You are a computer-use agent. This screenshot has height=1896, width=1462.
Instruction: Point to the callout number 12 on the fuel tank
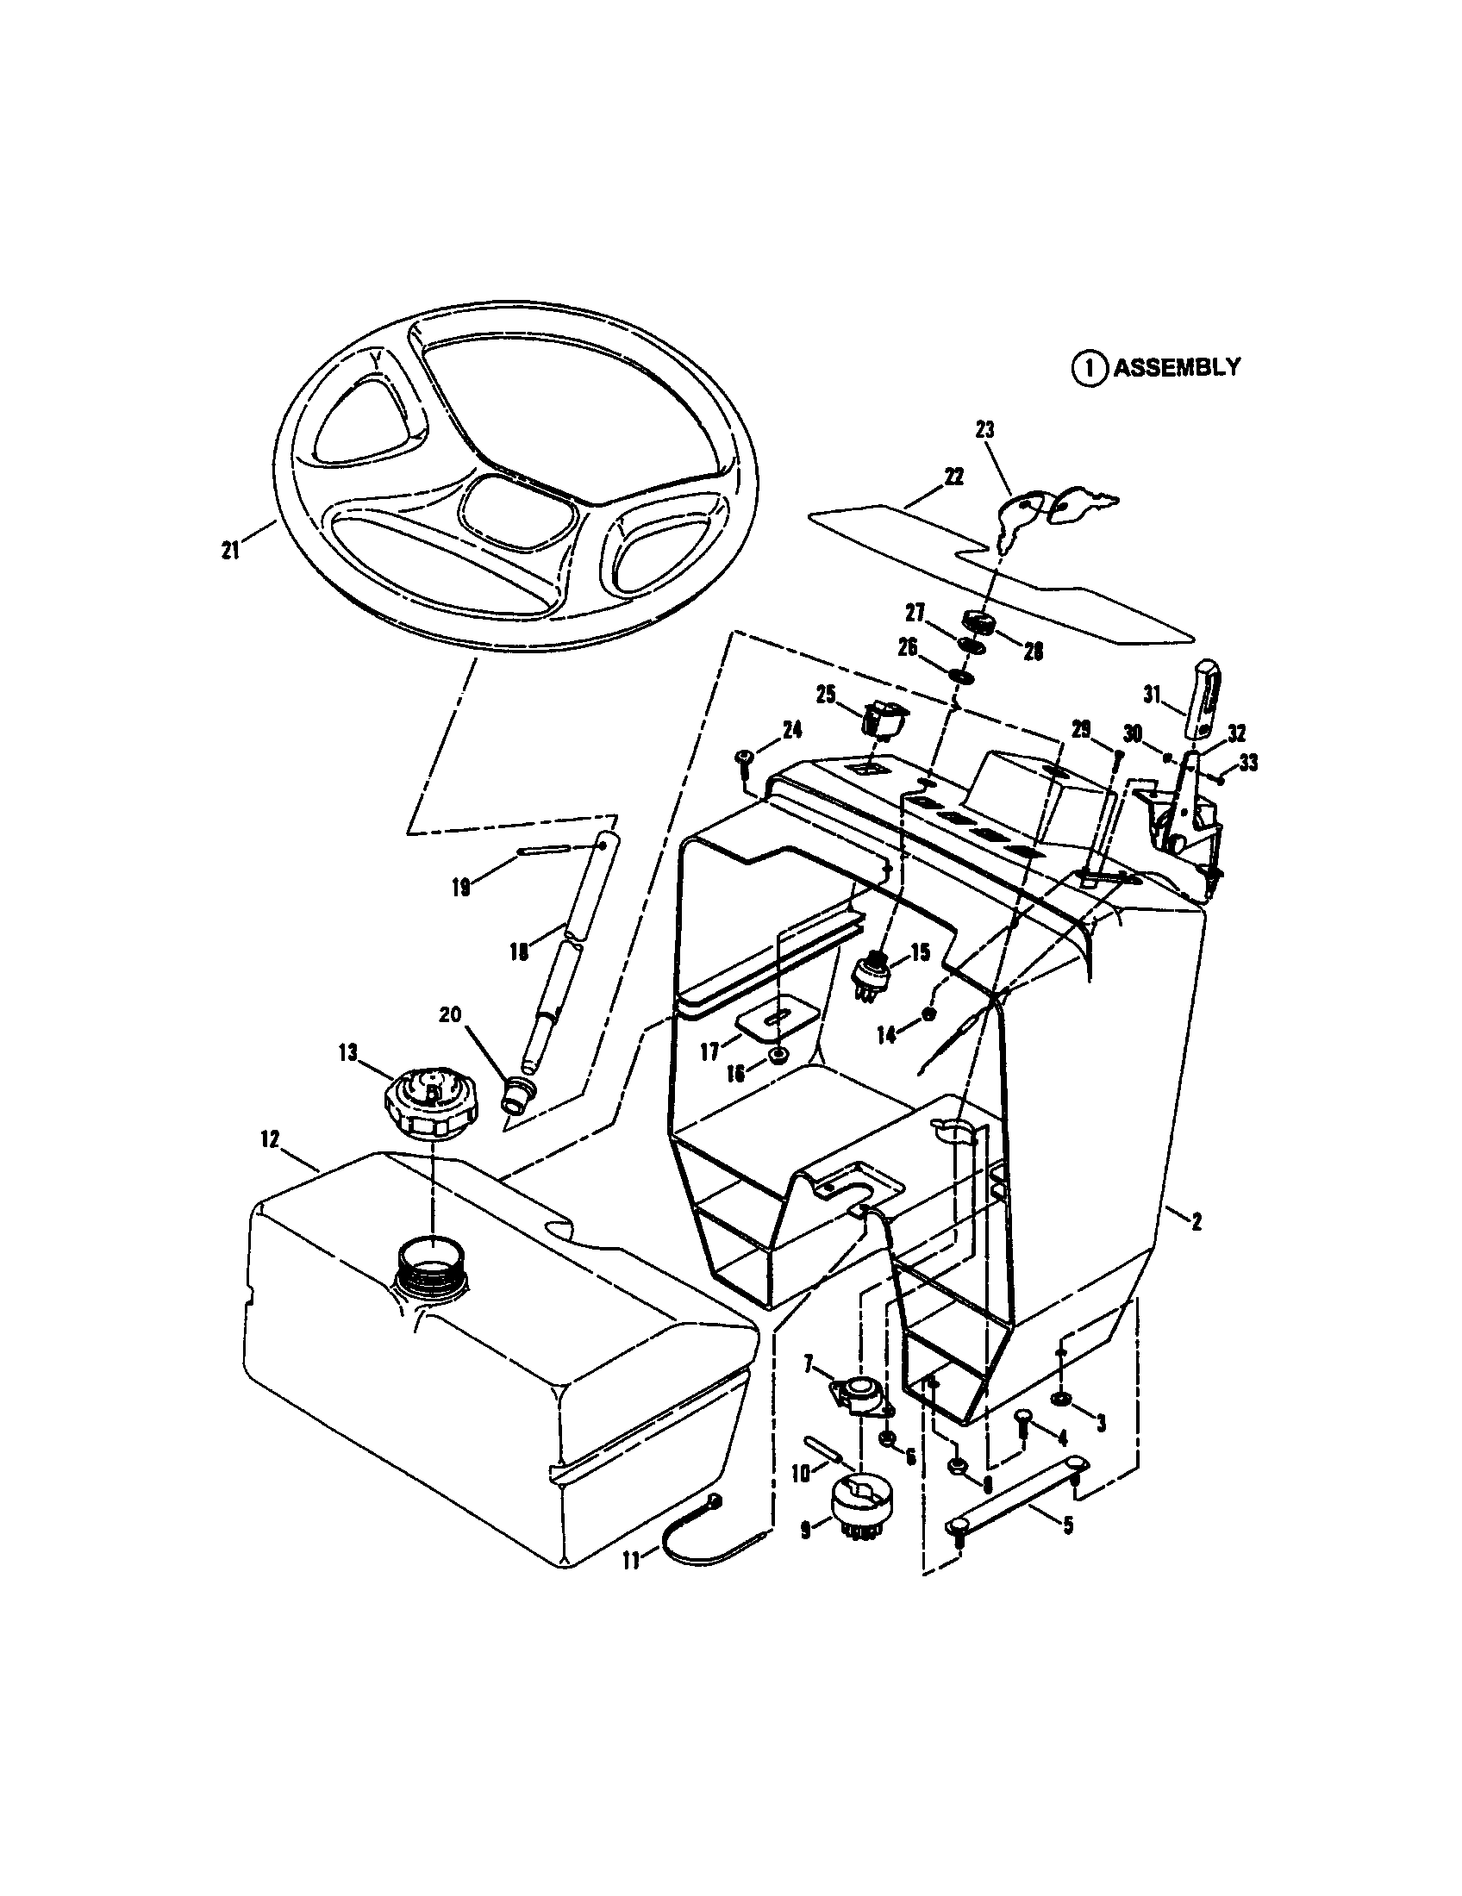click(x=270, y=1140)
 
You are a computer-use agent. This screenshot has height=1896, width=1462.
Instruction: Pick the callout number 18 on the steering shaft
click(x=518, y=952)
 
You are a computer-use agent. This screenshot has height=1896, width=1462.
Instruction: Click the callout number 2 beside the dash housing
click(x=1196, y=1222)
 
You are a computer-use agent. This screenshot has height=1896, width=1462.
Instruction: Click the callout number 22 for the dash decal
click(x=954, y=477)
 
